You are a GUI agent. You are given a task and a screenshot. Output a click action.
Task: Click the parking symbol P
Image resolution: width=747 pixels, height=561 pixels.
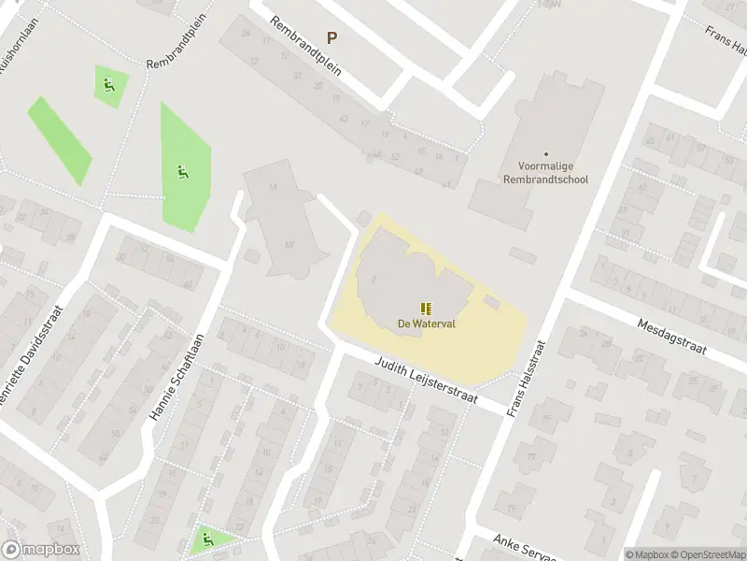click(x=331, y=37)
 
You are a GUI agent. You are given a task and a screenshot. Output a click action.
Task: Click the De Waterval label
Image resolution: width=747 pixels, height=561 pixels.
click(x=426, y=324)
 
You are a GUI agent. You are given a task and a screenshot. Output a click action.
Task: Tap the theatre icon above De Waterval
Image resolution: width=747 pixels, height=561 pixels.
click(x=426, y=309)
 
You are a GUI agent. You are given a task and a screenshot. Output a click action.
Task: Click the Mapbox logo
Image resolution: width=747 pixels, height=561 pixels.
click(x=41, y=550)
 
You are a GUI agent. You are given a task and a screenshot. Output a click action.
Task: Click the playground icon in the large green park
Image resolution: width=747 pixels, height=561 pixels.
click(x=182, y=171)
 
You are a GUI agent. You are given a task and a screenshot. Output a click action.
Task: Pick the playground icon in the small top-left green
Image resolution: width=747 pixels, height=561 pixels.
click(x=110, y=86)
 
